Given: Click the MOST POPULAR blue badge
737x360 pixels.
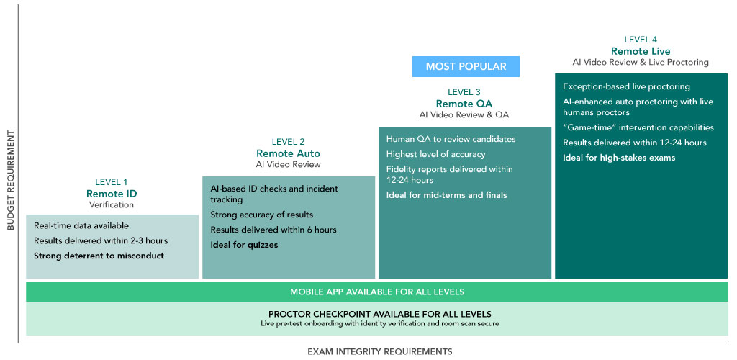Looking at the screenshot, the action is [x=466, y=66].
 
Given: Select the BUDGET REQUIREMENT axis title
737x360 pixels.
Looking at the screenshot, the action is [x=10, y=181].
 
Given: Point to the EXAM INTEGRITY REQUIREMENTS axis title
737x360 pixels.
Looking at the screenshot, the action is [x=380, y=351].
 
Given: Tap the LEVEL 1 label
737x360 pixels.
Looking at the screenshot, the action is [x=111, y=182].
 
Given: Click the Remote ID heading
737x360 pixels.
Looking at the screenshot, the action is [x=112, y=193].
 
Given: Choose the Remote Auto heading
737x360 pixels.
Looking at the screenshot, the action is [x=288, y=153].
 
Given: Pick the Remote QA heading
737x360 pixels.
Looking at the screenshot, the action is [x=464, y=104].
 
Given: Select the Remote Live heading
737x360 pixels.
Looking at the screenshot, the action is [x=641, y=50].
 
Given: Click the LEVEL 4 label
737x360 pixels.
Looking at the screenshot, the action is [x=641, y=40].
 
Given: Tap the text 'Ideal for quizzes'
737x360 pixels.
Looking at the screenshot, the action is [x=244, y=245].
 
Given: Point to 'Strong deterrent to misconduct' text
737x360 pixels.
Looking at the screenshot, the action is [x=99, y=256].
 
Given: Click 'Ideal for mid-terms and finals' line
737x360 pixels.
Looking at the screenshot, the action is [x=446, y=194].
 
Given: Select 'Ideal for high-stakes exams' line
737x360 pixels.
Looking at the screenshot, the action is [x=619, y=158].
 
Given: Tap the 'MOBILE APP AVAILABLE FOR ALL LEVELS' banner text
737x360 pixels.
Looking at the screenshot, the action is [x=377, y=292].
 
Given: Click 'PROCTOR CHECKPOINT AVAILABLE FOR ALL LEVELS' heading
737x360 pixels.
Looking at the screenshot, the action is [x=380, y=314].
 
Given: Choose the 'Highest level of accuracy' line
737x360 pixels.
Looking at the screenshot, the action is [x=435, y=154].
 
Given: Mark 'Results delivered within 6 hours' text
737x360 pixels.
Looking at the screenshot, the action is [x=273, y=230].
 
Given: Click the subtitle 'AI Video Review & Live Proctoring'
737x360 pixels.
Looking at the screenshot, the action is [x=641, y=62].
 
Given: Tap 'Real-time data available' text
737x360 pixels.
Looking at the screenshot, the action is [x=81, y=225].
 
